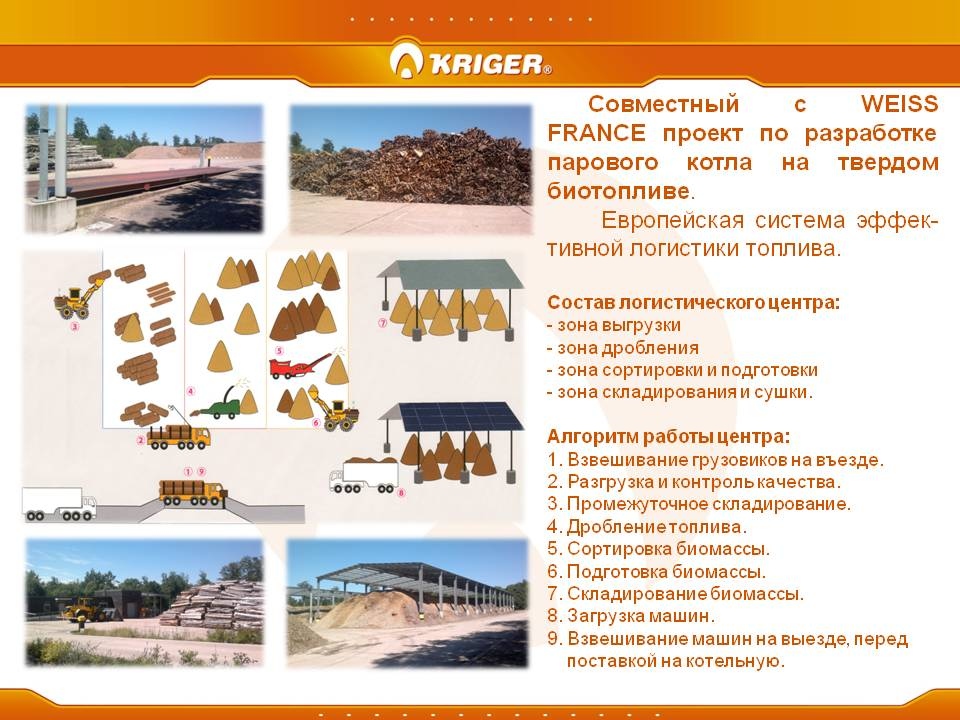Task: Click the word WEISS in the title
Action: point(899,104)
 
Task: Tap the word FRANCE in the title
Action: point(596,133)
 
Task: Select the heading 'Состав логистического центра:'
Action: point(694,302)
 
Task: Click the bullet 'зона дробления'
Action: point(623,348)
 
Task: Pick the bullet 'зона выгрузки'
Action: point(614,325)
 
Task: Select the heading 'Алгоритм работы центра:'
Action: point(669,437)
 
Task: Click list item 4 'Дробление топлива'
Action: point(647,527)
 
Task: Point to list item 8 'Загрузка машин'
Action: point(631,615)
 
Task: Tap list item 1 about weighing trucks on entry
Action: point(716,459)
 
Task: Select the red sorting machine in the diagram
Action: point(298,366)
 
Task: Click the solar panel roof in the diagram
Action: point(457,416)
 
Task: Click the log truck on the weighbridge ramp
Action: point(192,492)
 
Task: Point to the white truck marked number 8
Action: point(364,477)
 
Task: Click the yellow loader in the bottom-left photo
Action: point(84,610)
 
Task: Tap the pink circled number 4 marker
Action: point(191,391)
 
